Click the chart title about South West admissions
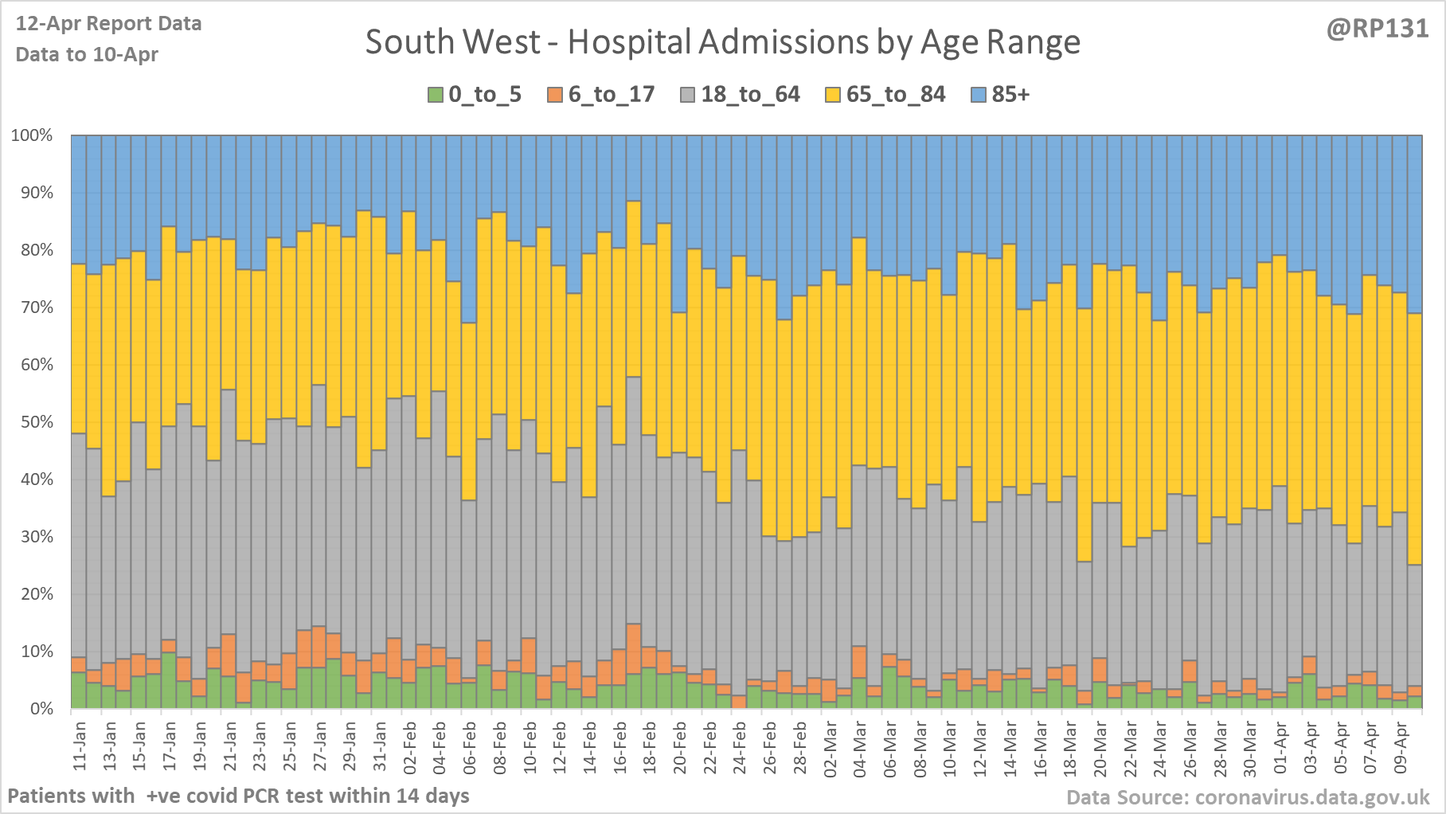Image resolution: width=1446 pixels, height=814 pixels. (x=722, y=42)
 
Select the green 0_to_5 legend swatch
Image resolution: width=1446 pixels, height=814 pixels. (x=435, y=95)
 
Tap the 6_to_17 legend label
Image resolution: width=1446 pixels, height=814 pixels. (x=611, y=95)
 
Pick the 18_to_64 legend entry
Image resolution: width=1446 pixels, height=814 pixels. (x=749, y=95)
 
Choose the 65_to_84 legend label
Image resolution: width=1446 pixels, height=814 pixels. (x=895, y=95)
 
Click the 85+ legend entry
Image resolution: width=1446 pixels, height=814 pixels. (x=1010, y=95)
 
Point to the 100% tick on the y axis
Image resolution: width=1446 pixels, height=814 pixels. (x=32, y=135)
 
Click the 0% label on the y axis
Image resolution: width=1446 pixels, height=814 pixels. (x=41, y=709)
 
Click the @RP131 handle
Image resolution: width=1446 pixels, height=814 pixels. (x=1377, y=29)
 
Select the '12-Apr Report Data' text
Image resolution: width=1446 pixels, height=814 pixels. (x=108, y=24)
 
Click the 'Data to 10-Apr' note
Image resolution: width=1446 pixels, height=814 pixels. (x=87, y=55)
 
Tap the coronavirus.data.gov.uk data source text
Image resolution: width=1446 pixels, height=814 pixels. (x=1248, y=797)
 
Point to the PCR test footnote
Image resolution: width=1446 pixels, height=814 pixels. (x=238, y=796)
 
